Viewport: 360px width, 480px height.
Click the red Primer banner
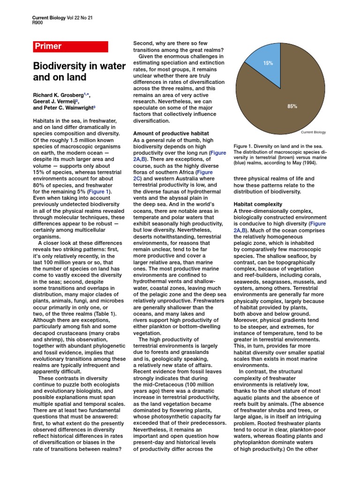point(70,46)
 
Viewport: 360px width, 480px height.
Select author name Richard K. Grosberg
point(60,95)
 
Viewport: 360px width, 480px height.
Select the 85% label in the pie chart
point(292,106)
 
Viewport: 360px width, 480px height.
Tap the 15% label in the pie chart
point(268,63)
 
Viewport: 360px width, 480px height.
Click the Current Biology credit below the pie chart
point(313,132)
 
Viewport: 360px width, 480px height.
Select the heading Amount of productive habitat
point(171,134)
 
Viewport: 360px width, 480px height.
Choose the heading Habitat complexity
point(258,204)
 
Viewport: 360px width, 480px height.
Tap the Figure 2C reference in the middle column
point(140,179)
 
